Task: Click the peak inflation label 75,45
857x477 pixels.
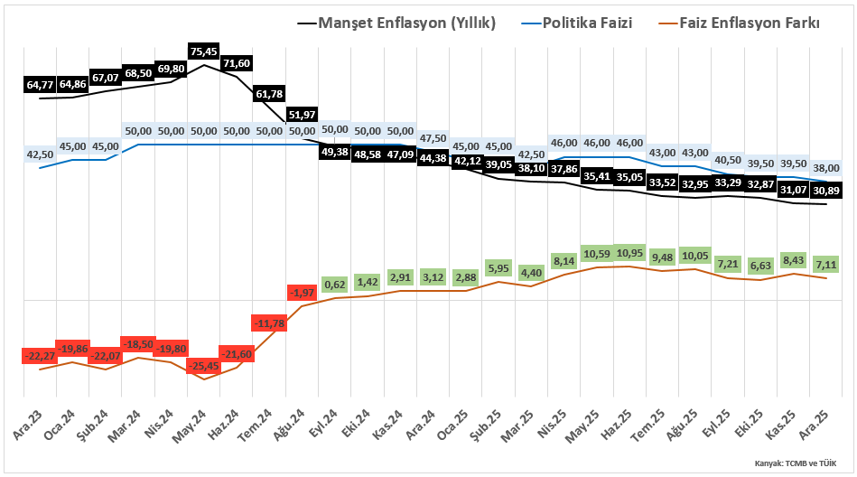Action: (204, 51)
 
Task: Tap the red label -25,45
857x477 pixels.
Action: (204, 366)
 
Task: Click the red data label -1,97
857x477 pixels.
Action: (303, 293)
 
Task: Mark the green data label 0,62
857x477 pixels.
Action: (335, 285)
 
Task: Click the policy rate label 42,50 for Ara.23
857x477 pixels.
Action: (40, 154)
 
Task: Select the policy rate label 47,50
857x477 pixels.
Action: (433, 138)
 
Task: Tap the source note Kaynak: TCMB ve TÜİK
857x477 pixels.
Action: (794, 463)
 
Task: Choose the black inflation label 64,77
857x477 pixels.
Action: (40, 85)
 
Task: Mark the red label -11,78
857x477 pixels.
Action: (269, 322)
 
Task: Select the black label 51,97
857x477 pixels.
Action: (303, 115)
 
